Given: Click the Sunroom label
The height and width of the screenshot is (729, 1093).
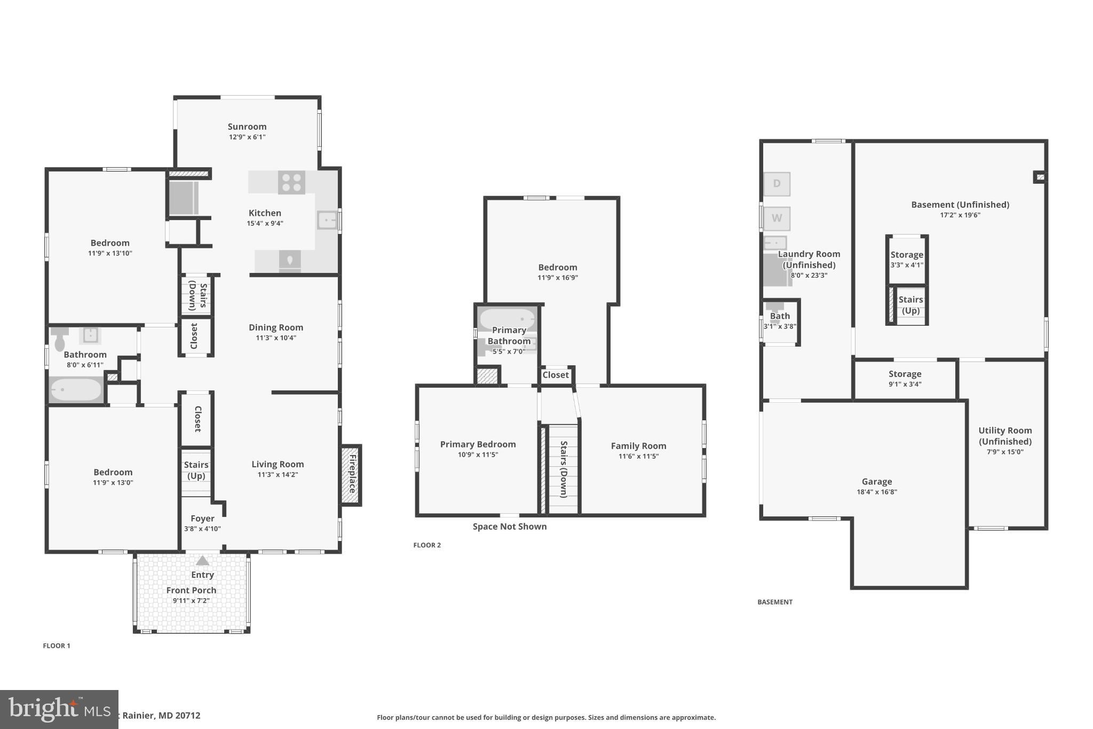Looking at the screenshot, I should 247,127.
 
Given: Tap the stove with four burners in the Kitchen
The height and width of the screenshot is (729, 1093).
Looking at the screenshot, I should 291,183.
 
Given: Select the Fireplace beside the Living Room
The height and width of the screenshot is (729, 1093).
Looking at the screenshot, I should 352,475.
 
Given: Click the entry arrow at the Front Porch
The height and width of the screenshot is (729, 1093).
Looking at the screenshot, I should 202,561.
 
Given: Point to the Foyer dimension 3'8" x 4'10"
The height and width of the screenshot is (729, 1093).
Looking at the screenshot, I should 202,529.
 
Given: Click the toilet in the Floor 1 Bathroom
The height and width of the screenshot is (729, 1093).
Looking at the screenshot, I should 59,339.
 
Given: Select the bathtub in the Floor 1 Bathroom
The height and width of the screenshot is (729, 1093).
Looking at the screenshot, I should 75,390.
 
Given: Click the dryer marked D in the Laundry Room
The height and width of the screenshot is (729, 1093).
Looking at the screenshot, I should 777,184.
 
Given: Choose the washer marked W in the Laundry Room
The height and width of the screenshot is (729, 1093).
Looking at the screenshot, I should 777,218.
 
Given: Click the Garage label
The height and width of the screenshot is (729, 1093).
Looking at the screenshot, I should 876,482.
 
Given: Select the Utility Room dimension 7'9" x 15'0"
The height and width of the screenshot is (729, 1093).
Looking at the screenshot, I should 1005,452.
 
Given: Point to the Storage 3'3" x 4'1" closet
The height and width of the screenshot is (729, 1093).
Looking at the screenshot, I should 906,260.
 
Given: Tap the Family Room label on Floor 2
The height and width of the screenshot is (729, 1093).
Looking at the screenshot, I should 638,446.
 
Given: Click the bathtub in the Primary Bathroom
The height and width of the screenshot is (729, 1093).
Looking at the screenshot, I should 507,319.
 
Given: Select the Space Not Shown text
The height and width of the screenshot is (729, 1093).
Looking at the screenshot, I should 509,527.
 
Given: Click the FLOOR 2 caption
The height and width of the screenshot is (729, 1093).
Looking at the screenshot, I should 427,545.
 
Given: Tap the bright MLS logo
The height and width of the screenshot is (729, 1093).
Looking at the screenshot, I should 59,709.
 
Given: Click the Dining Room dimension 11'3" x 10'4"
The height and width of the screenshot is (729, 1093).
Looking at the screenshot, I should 276,338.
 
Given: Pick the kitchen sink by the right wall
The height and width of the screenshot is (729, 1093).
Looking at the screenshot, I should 327,220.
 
